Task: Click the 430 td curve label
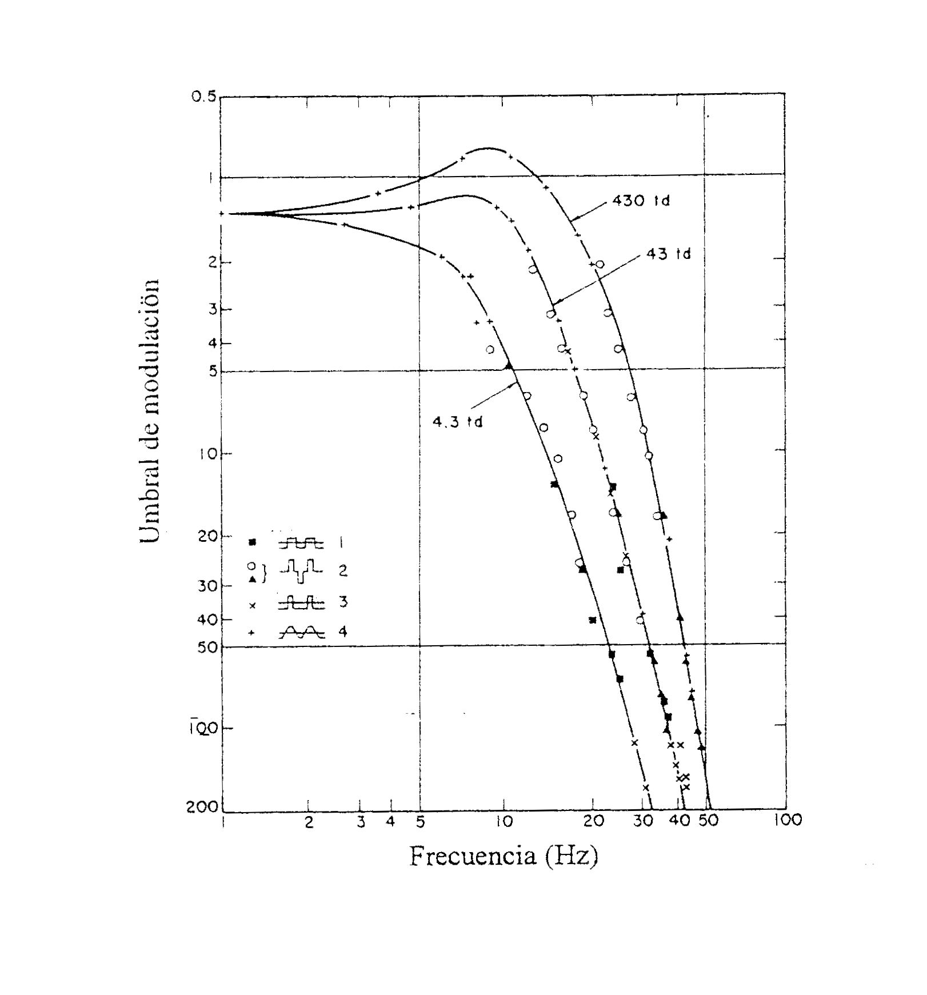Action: pos(641,201)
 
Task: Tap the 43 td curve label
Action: pos(668,254)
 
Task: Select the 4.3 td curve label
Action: pos(457,422)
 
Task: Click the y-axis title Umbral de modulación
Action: pos(150,411)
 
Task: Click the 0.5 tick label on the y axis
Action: pos(204,97)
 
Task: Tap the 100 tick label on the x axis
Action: pos(788,821)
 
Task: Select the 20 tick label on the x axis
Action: pos(594,822)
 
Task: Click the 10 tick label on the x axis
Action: pos(504,822)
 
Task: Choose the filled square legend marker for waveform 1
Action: pos(252,542)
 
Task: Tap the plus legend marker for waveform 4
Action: pos(251,633)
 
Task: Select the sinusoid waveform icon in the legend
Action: pos(301,632)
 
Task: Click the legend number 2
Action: pos(343,570)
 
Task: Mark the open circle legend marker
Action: pos(251,565)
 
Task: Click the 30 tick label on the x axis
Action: pos(643,822)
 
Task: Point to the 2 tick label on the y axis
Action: pos(211,262)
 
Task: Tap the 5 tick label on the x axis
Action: pos(420,822)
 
